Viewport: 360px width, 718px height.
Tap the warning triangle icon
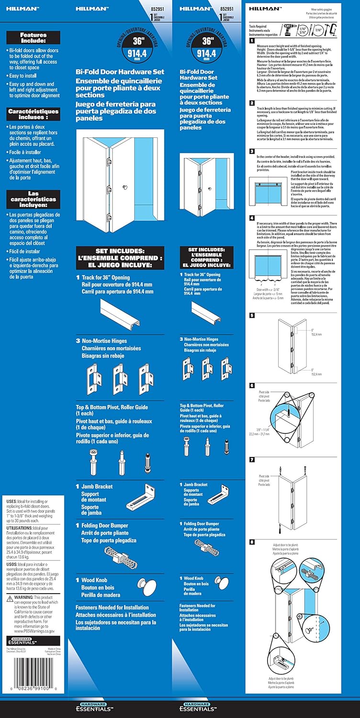click(10, 598)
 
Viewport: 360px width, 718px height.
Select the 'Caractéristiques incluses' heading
click(33, 114)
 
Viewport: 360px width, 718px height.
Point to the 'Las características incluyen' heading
click(33, 196)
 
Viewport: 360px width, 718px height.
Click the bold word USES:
click(13, 501)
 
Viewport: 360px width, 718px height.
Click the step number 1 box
click(252, 41)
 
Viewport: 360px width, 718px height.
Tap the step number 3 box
click(252, 151)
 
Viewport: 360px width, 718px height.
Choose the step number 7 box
click(252, 460)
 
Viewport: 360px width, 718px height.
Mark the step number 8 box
click(252, 541)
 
